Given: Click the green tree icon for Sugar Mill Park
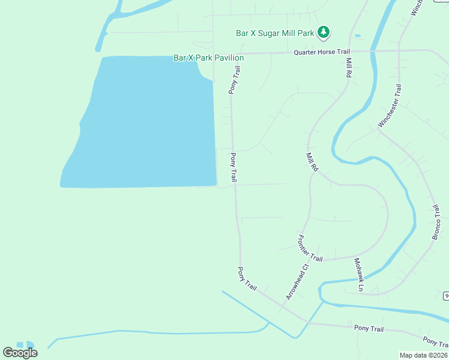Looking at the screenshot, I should (324, 31).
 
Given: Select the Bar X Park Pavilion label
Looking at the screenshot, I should (208, 58).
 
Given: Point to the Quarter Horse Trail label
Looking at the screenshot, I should (321, 52).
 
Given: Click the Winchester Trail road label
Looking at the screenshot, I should (390, 106).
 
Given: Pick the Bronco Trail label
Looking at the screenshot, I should (437, 222).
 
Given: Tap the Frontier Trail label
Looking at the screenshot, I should (310, 248).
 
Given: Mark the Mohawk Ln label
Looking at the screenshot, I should (358, 275).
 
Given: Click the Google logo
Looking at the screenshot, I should (20, 352).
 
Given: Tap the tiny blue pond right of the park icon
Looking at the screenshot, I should (358, 36).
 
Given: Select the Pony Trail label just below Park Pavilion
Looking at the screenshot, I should (234, 80).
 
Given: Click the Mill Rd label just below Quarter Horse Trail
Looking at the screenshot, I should (348, 67).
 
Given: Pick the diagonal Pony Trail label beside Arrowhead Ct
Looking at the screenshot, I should (247, 279).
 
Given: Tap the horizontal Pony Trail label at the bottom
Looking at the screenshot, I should (369, 328).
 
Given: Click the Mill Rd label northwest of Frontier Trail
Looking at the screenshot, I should (312, 163).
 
